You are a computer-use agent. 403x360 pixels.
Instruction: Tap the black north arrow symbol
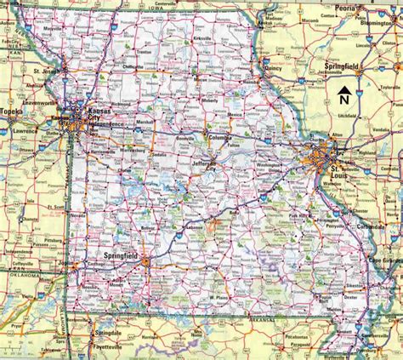[x=347, y=89]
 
